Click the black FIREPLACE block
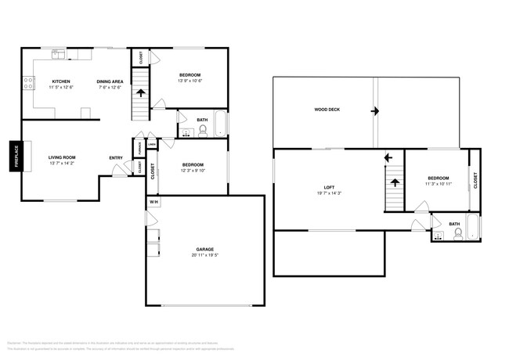pyautogui.click(x=16, y=156)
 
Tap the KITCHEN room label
pyautogui.click(x=63, y=81)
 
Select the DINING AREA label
pyautogui.click(x=109, y=81)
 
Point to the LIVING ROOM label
pyautogui.click(x=62, y=157)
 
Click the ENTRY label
pyautogui.click(x=116, y=158)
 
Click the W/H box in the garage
pyautogui.click(x=153, y=202)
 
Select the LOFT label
pyautogui.click(x=330, y=187)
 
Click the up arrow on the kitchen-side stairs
pyautogui.click(x=141, y=92)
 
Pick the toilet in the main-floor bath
pyautogui.click(x=203, y=131)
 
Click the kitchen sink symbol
pyautogui.click(x=58, y=53)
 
